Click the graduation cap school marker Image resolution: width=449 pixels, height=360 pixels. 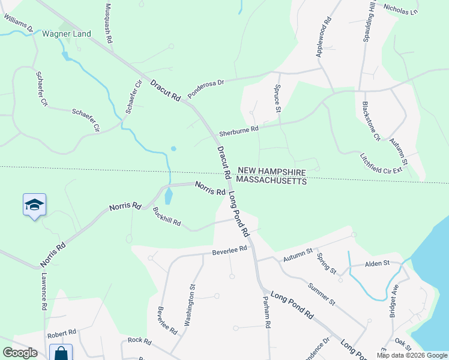click(x=34, y=205)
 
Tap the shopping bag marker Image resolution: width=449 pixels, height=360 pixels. click(x=61, y=353)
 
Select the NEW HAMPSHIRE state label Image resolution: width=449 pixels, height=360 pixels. click(x=271, y=171)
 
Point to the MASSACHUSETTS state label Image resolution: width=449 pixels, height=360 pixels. click(x=271, y=180)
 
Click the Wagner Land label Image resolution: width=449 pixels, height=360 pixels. click(x=66, y=34)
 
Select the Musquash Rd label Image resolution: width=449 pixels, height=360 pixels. click(x=109, y=23)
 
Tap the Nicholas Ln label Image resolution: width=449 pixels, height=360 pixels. click(x=400, y=10)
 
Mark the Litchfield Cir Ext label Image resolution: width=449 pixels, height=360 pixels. click(x=381, y=162)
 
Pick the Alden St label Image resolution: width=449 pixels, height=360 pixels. click(x=378, y=263)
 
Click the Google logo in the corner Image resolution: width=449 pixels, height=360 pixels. click(x=20, y=353)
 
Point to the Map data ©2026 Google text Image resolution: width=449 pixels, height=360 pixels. click(x=412, y=355)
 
